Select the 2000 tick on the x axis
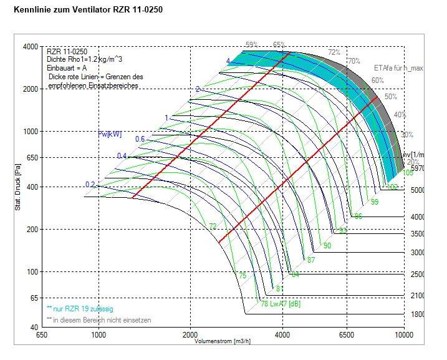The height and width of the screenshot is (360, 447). (x=191, y=335)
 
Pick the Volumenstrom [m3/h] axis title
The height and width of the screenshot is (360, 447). (x=222, y=342)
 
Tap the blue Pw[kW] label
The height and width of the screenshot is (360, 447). (x=110, y=134)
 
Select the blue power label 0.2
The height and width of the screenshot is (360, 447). (x=90, y=185)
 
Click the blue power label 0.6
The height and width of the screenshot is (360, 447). (x=140, y=139)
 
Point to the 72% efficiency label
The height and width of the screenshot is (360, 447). (x=334, y=52)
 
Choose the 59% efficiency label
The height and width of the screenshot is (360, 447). (x=251, y=45)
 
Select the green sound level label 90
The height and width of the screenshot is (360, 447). (x=327, y=246)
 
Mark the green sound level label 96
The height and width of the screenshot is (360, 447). (x=358, y=216)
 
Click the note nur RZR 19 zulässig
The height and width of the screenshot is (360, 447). (x=79, y=309)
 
